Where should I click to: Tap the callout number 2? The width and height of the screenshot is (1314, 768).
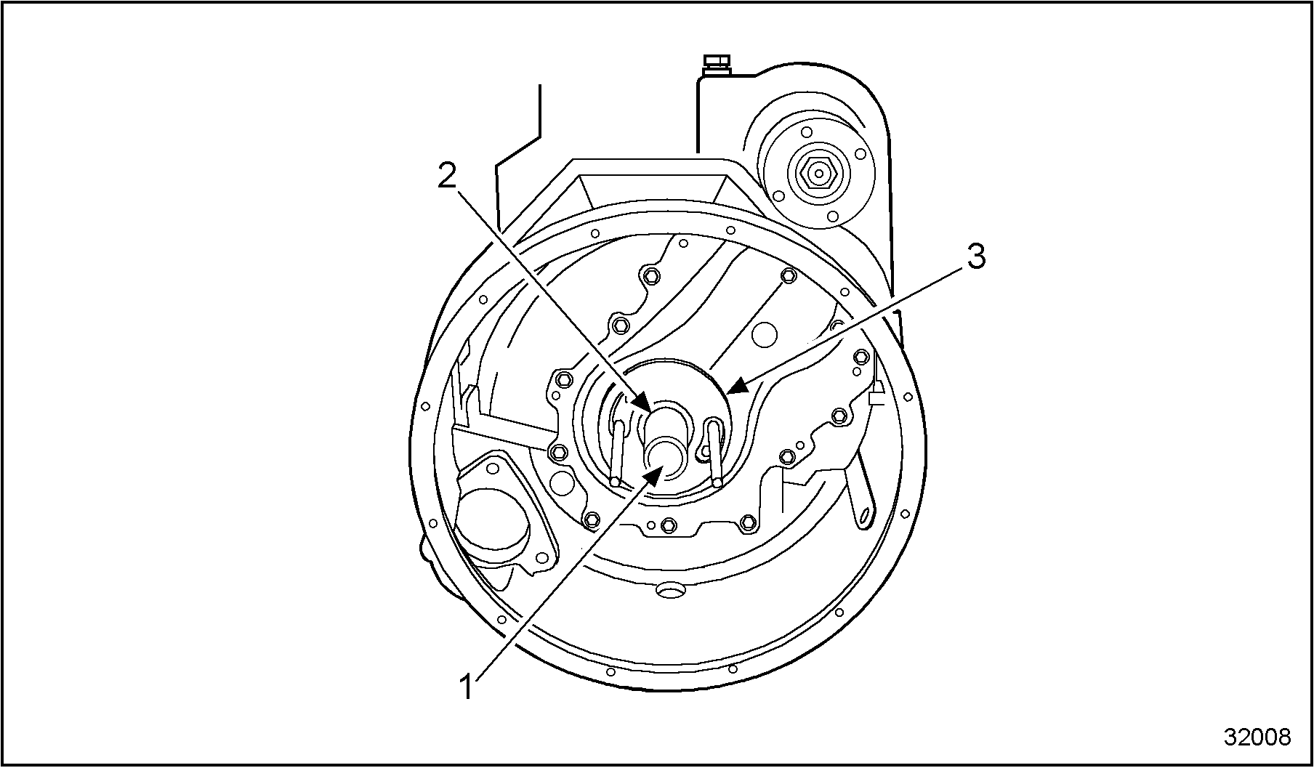click(447, 175)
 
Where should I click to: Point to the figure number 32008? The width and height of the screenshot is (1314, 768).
click(1257, 737)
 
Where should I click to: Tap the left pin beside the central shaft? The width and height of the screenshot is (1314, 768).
click(618, 451)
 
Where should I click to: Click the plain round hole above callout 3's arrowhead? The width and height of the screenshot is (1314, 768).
click(765, 335)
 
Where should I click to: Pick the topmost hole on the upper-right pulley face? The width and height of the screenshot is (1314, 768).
click(806, 134)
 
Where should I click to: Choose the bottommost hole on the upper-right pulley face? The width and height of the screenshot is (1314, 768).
click(833, 216)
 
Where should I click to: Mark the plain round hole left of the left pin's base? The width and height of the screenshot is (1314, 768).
click(563, 481)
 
